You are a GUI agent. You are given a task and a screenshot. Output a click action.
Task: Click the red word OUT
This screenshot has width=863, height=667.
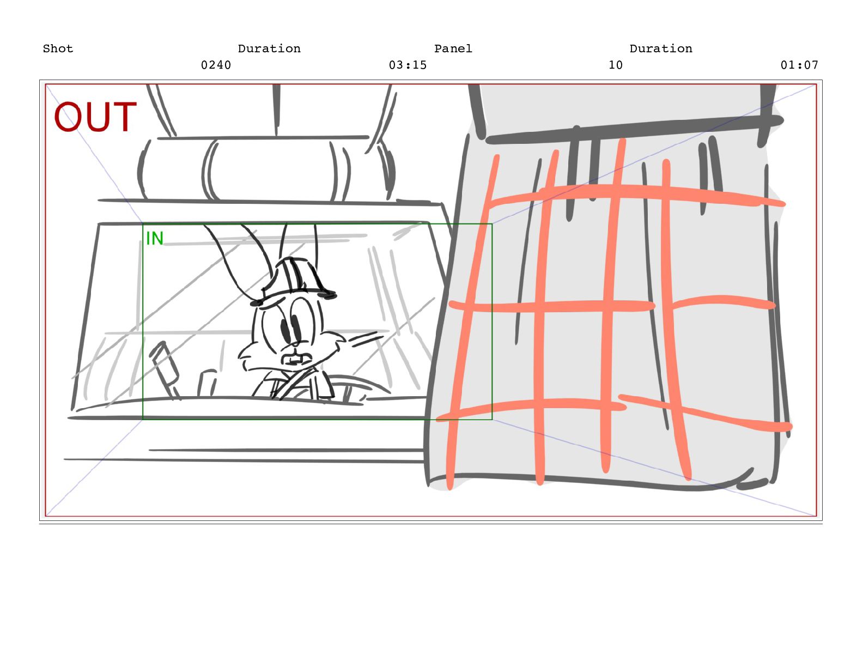95,117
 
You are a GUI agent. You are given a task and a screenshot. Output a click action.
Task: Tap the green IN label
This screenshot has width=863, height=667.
155,238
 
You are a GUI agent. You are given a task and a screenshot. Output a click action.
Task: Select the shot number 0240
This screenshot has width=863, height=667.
216,65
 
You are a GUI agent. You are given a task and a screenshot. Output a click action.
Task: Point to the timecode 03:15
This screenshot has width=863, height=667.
408,65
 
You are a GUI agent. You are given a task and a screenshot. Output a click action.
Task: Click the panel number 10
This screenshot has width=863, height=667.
615,65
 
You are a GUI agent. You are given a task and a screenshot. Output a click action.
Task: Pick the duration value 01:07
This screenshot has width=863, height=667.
799,65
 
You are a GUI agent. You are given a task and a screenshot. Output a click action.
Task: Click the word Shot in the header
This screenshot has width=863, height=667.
58,48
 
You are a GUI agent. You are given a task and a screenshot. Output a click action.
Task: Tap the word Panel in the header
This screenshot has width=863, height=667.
453,48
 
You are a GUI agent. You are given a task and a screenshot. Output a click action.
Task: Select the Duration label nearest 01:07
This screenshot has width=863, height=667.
661,48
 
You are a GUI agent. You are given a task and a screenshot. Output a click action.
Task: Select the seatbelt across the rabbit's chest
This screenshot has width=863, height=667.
296,383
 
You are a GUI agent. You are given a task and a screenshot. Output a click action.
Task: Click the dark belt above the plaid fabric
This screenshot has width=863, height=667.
631,128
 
